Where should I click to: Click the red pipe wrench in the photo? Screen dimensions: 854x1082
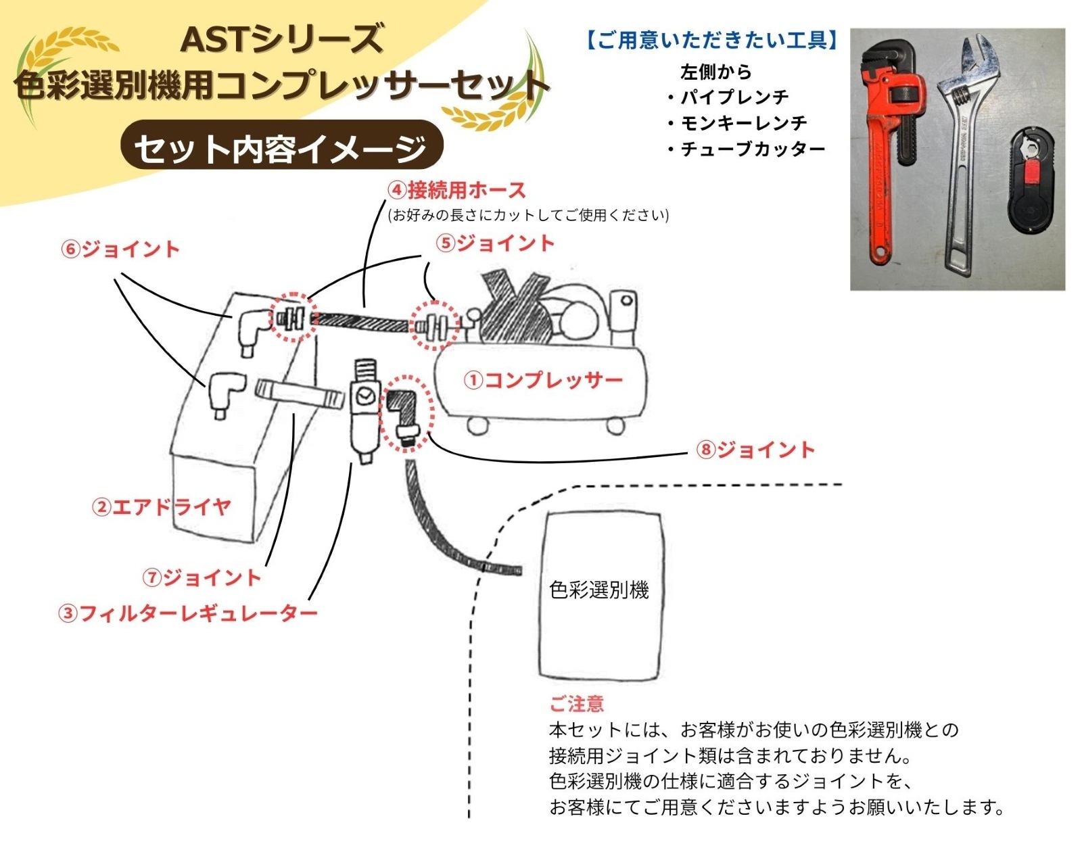(886, 156)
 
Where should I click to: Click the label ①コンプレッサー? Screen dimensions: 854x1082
(543, 380)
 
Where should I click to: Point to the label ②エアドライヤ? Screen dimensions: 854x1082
(162, 506)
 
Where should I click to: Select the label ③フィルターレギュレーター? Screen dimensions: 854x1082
(188, 613)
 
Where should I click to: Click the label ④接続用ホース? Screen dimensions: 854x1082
(457, 190)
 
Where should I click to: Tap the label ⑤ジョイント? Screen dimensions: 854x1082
(496, 243)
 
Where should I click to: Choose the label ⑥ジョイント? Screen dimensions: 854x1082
(120, 250)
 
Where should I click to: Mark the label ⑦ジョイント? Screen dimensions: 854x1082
(202, 577)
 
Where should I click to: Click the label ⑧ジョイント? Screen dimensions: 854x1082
(756, 450)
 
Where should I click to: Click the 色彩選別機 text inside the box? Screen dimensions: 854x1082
(599, 590)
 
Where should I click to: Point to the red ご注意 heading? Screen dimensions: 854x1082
(576, 704)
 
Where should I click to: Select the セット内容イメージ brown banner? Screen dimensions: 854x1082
(281, 148)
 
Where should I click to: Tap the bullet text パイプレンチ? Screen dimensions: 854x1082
(733, 97)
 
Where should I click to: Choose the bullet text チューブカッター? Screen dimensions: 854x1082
(752, 149)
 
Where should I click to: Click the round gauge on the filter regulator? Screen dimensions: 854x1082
(366, 396)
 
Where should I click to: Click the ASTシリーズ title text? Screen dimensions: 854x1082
(282, 39)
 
